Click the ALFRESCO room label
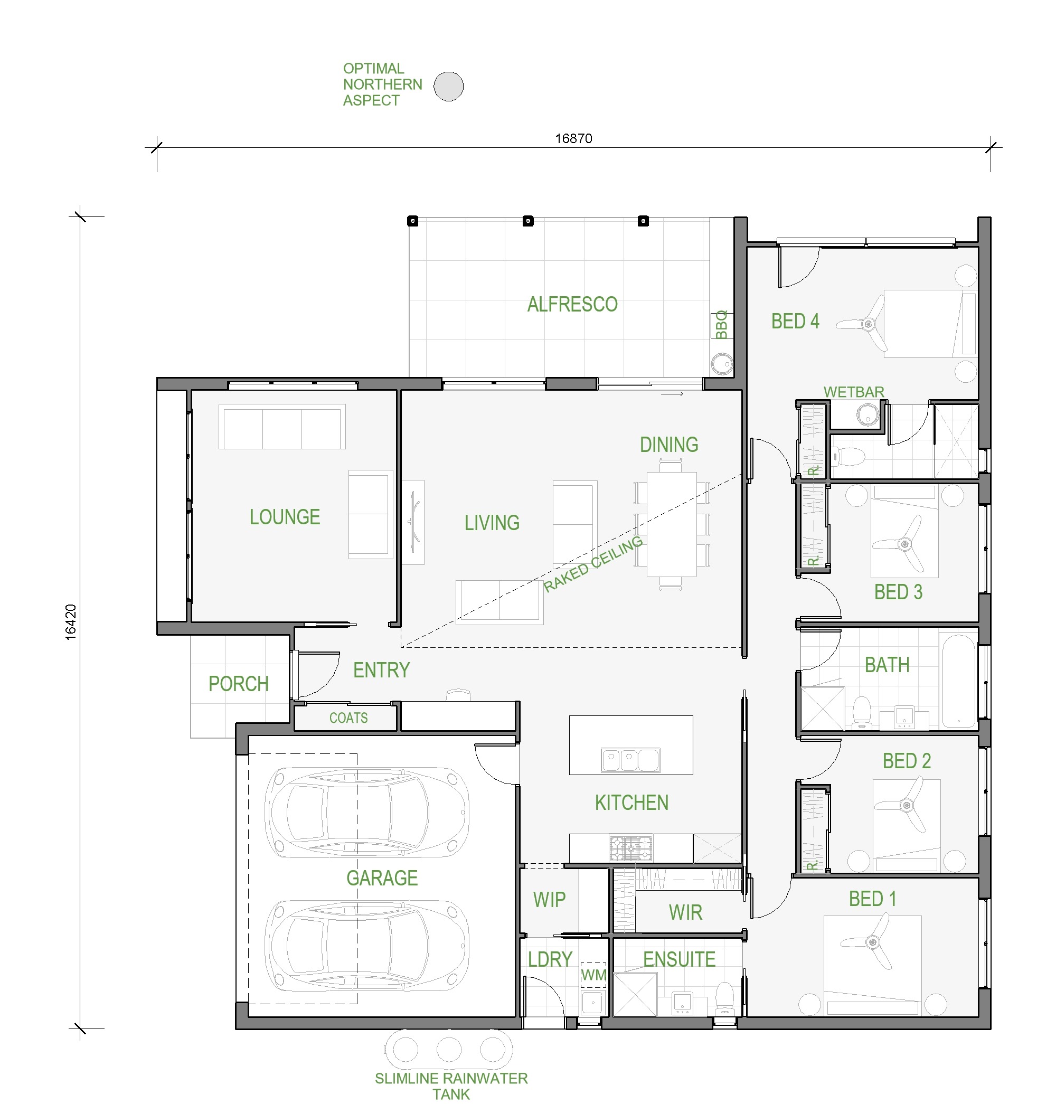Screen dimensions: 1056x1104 [572, 305]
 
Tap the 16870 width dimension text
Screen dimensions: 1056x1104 [573, 138]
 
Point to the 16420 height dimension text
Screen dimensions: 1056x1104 [70, 622]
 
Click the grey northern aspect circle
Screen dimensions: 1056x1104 [449, 86]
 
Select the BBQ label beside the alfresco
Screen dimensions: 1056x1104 [721, 325]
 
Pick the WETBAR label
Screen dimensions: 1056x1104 [853, 392]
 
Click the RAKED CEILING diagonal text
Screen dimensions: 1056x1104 [593, 563]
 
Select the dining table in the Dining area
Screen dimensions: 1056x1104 [671, 524]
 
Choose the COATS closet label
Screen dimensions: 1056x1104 [348, 718]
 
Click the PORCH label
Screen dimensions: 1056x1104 [239, 684]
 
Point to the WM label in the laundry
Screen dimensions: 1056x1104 [593, 975]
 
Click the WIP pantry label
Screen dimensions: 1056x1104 [550, 900]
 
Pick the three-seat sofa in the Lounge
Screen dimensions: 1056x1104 [282, 427]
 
